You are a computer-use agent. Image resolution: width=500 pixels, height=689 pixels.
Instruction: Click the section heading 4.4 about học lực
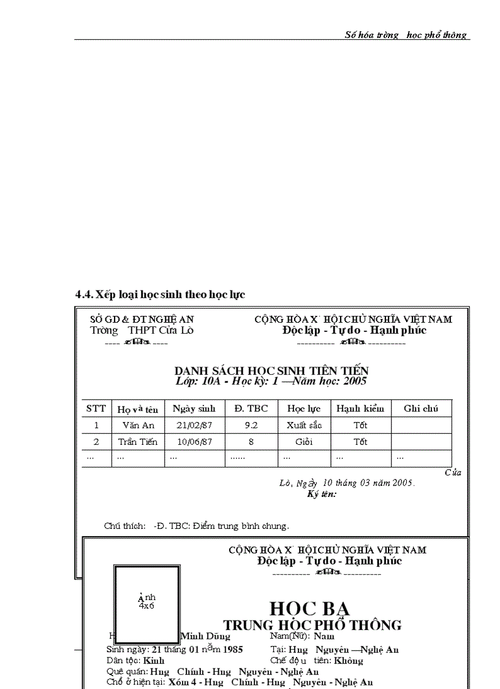160,294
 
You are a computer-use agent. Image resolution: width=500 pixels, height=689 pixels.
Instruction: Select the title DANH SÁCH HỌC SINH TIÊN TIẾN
271,371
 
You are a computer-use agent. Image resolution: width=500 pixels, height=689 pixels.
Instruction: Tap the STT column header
96,409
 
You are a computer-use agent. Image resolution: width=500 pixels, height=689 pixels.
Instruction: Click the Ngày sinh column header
194,409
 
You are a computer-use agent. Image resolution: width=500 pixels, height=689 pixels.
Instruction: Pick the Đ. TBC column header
251,409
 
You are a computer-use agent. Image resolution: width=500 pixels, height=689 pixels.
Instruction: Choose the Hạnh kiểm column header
360,409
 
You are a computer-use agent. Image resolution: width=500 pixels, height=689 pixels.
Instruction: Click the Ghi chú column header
421,409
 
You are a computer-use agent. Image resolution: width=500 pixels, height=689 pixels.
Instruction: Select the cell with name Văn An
138,425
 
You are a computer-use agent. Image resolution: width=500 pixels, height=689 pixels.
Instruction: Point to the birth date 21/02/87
194,425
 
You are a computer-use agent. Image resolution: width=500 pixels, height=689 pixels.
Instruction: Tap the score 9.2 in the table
251,425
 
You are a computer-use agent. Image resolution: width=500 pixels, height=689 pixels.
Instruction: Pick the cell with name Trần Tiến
138,442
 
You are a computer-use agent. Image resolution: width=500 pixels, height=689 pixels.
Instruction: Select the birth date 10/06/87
194,442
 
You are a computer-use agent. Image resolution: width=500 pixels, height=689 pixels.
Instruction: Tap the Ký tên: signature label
322,494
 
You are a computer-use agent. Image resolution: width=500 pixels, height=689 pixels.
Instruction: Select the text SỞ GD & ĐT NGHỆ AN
142,319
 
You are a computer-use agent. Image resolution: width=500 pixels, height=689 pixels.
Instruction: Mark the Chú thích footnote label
124,526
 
